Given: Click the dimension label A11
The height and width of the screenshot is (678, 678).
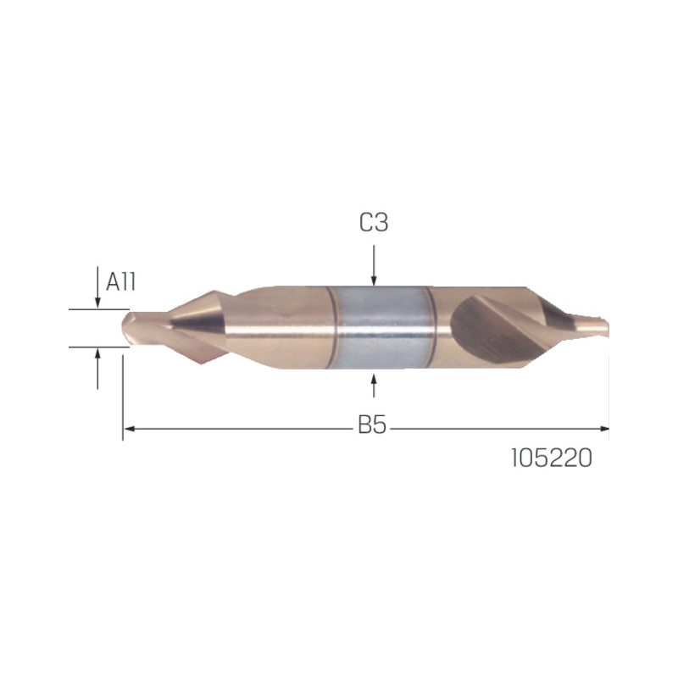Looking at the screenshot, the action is coord(120,282).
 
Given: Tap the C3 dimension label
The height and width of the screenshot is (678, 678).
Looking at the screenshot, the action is coord(374,223).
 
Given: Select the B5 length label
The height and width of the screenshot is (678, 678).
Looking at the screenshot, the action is coord(372,425).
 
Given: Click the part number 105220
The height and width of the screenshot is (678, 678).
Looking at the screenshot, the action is coord(552,458).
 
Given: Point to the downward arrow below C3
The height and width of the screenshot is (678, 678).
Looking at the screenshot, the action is coord(374,265).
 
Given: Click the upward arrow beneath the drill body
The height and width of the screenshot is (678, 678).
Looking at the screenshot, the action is coord(374,385).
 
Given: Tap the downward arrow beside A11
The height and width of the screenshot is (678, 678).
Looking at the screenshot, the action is coord(97,287).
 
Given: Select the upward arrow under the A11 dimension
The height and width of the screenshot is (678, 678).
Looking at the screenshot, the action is coord(97,369).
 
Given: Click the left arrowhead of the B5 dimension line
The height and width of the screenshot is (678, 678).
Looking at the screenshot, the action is coord(128,429).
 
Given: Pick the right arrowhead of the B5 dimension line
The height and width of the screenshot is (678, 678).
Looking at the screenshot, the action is coord(604,429).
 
